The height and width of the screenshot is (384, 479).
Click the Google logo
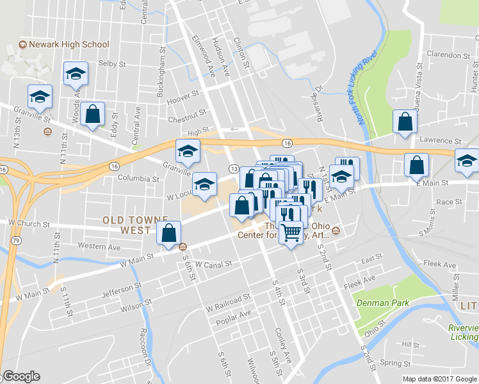pos(21,376)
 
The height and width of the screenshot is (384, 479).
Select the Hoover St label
pos(183,97)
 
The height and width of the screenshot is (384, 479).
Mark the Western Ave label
pos(99,246)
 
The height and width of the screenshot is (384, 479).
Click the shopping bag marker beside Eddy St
pos(93,115)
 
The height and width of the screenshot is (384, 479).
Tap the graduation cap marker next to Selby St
pos(76,75)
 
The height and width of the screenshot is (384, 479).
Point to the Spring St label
pos(395,362)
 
